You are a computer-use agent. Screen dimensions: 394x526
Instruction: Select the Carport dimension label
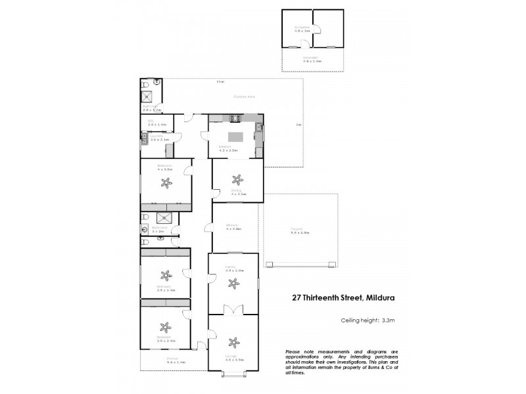(300, 231)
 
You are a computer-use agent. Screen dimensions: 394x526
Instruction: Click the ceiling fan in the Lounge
(233, 341)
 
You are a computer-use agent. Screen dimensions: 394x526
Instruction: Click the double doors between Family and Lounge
(229, 309)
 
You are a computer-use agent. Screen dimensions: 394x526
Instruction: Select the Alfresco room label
(234, 226)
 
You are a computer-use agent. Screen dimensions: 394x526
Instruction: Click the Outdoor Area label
(243, 97)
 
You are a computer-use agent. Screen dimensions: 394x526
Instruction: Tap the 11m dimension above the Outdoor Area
(222, 82)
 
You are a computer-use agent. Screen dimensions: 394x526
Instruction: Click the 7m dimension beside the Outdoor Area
(298, 124)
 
